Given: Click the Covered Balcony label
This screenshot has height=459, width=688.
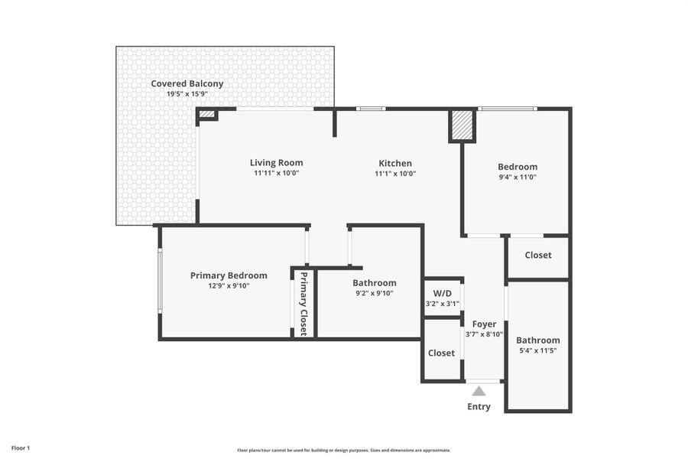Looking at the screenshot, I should [187, 83].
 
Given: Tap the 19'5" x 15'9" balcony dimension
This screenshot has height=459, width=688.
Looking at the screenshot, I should [187, 94].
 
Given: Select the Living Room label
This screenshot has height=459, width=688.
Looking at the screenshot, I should [276, 162].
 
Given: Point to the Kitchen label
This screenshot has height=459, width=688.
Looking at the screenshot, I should [395, 163].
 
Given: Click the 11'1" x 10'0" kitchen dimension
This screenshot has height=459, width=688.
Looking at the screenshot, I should [395, 174].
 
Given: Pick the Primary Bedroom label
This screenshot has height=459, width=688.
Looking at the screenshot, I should [229, 275].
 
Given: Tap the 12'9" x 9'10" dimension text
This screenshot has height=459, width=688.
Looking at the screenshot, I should [229, 286].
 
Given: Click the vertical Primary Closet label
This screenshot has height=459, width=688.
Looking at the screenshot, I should [303, 304].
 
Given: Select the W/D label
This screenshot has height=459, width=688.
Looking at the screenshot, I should [443, 293].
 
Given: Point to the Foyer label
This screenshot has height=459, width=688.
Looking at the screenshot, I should [484, 324].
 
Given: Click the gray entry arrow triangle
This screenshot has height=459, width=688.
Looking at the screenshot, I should [479, 391].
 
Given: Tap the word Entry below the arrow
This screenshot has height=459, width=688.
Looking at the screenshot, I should [479, 406].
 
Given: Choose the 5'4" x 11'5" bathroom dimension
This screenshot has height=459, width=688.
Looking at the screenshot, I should [537, 351].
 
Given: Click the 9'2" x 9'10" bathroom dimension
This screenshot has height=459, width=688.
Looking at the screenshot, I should [374, 293].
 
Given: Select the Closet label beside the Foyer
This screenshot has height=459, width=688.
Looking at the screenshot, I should [441, 353].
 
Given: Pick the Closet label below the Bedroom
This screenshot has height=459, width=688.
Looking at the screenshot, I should [537, 255].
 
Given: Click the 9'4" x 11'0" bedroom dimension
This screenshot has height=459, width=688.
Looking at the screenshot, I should [518, 177].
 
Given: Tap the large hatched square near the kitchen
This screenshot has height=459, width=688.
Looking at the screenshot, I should [462, 126].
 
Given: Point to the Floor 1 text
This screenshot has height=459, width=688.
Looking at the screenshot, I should [21, 448].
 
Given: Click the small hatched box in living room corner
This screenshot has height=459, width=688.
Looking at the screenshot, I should [206, 115].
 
